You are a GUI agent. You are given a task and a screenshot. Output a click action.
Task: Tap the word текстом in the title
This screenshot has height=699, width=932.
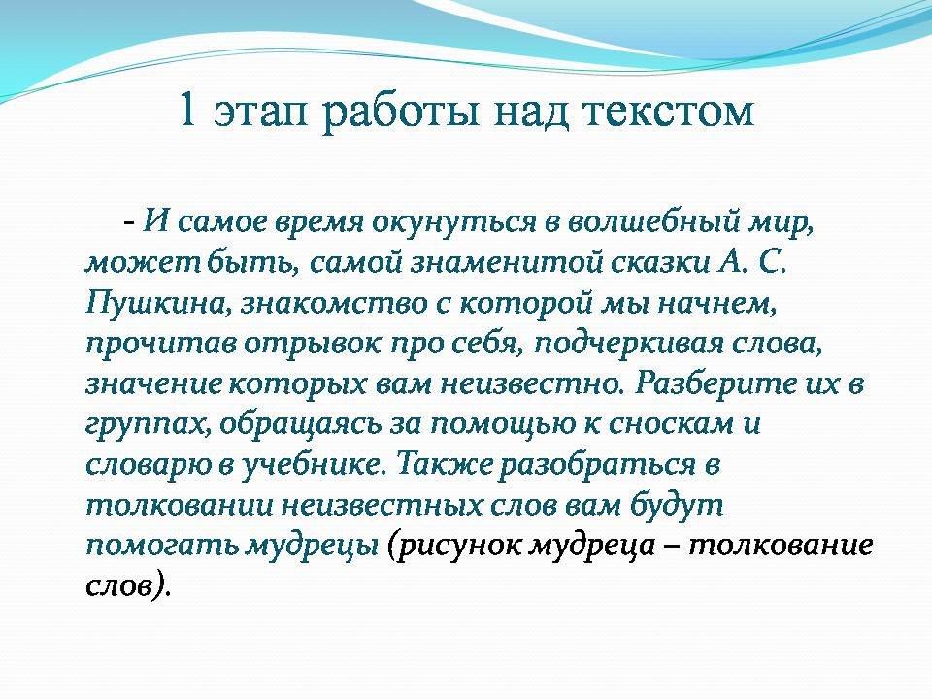(x=669, y=113)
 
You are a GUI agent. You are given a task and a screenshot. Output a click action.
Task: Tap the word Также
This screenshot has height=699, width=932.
(x=444, y=463)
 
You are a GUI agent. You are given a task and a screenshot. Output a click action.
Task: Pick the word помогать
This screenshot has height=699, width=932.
(x=163, y=545)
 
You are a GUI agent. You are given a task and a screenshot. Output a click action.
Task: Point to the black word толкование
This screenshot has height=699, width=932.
(x=781, y=545)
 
